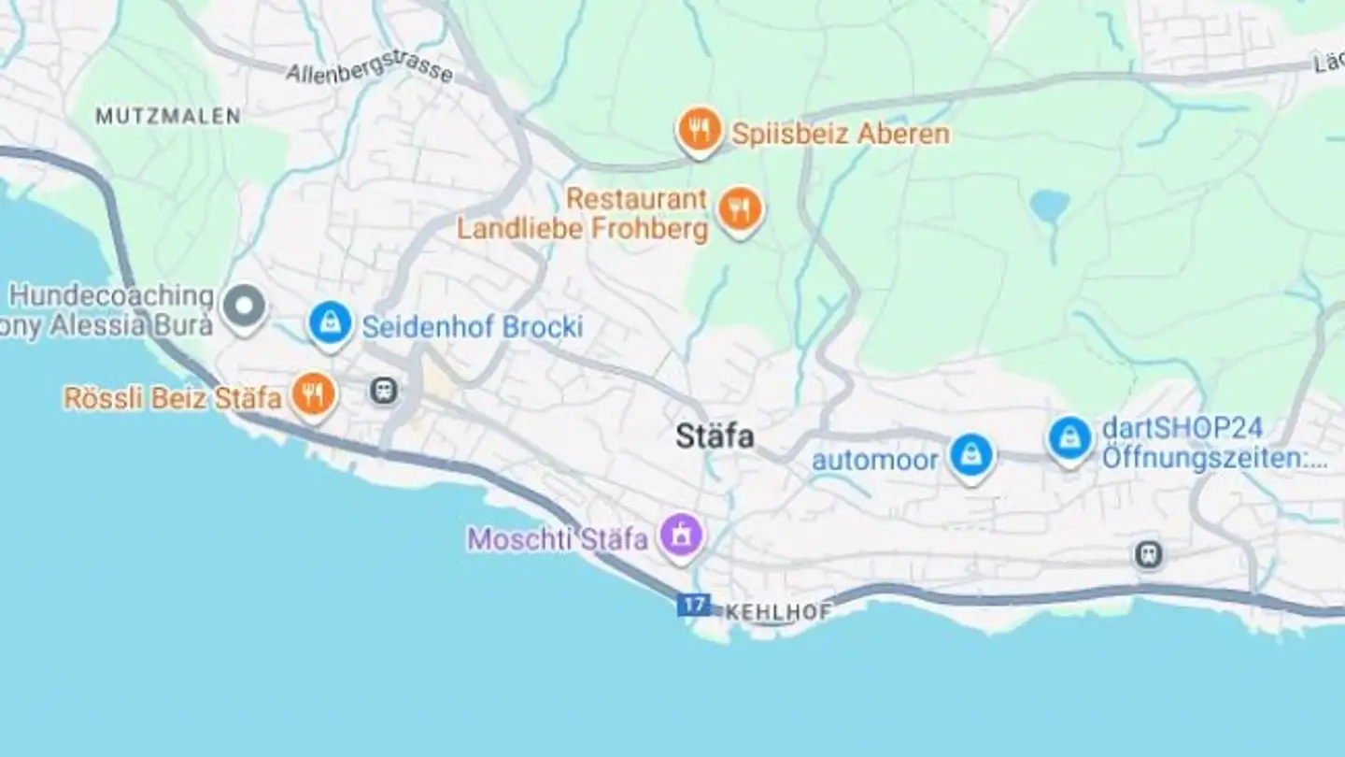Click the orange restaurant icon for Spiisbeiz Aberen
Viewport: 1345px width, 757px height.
click(700, 129)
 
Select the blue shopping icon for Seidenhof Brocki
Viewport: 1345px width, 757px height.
click(330, 324)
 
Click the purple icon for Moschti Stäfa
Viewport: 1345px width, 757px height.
click(682, 536)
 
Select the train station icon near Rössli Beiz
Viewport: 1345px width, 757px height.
click(384, 391)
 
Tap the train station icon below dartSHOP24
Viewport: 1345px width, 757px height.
click(1149, 555)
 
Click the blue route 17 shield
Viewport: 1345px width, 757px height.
click(693, 605)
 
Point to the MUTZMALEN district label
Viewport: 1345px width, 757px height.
click(168, 116)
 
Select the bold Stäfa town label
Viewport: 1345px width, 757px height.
click(715, 436)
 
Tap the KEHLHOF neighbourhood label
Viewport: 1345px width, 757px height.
click(778, 612)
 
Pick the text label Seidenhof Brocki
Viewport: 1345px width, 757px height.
click(473, 327)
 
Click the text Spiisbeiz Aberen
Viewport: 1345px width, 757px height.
click(841, 134)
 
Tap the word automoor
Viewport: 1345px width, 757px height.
click(874, 460)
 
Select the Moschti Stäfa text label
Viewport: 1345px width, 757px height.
click(558, 539)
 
